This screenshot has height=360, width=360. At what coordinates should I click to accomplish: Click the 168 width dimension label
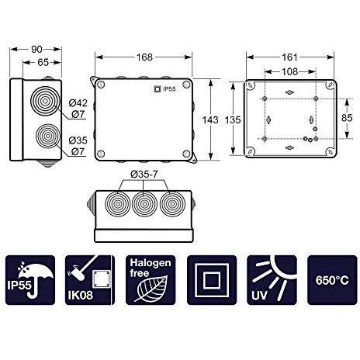pos(144,57)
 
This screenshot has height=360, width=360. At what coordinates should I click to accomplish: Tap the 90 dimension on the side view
pos(36,49)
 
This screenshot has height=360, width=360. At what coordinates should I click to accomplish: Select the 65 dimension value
pos(43,62)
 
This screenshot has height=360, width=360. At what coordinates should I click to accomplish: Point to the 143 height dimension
pos(210,120)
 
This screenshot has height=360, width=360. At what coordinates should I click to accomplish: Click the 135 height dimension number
pos(233,120)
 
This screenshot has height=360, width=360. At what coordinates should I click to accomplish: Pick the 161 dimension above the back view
pos(289,57)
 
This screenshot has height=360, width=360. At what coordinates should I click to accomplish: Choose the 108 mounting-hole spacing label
pos(289,71)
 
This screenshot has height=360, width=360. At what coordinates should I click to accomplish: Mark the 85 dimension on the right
pos(347,118)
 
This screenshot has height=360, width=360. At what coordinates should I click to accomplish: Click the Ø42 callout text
pos(78,103)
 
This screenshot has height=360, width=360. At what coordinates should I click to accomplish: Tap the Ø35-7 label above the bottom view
pos(144,175)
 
